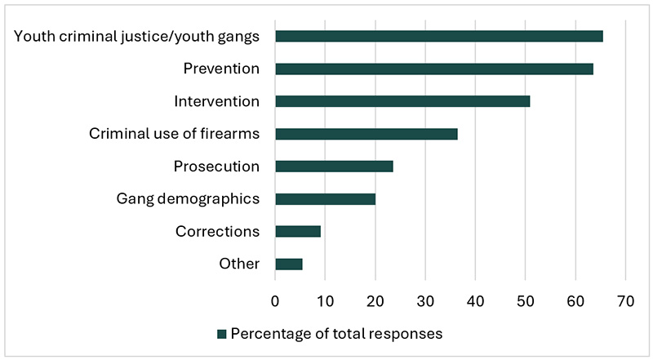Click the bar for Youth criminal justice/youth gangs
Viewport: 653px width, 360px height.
point(438,36)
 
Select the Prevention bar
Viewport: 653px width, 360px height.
point(433,69)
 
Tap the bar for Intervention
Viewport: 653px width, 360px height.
point(402,101)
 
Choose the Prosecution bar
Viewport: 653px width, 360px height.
point(334,167)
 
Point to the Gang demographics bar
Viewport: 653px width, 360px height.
point(325,198)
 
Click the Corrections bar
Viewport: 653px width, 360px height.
point(298,231)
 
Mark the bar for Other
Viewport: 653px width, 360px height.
point(289,264)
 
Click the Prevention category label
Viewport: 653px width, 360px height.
point(221,69)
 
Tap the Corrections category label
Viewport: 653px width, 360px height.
point(217,231)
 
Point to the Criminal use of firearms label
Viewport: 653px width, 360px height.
point(174,134)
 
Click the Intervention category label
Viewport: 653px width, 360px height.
point(216,101)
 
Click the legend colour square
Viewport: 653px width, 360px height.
point(221,333)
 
